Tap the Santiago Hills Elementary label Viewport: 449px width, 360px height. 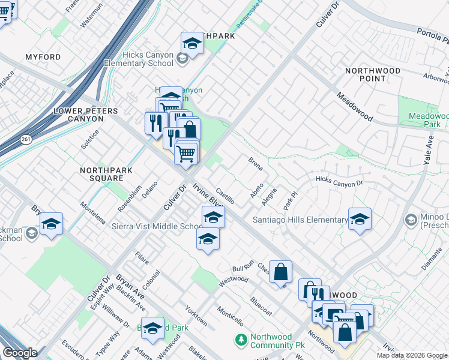(x=300, y=220)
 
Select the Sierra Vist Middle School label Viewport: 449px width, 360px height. (x=158, y=226)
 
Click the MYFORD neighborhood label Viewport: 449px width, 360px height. (x=43, y=57)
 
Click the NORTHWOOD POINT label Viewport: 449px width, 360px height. (x=373, y=74)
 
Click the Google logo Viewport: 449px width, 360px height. (x=20, y=353)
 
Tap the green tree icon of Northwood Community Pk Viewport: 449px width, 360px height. (x=241, y=340)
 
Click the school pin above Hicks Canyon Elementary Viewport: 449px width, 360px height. (x=191, y=43)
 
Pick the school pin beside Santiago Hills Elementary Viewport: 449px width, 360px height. (x=360, y=219)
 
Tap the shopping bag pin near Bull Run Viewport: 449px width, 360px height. (x=280, y=271)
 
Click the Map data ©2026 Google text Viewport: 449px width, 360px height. (x=412, y=355)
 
